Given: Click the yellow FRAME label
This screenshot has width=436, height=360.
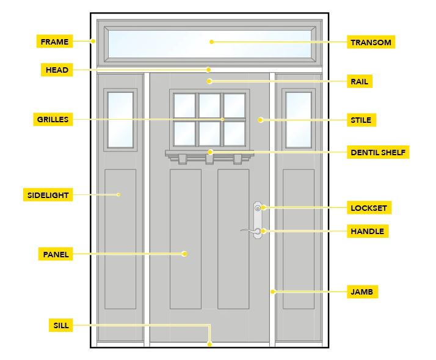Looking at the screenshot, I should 54,42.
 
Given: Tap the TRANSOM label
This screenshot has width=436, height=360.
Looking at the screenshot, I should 371,42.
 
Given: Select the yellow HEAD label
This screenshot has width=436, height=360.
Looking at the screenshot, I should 57,70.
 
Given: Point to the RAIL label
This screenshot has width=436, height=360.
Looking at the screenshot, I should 360,81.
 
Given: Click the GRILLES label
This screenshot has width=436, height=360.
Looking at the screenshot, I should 53,119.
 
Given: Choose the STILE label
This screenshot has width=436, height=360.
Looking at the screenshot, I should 360,120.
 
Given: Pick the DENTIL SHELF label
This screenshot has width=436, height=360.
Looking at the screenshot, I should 378,152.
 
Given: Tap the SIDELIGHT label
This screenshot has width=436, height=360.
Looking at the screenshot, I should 48,196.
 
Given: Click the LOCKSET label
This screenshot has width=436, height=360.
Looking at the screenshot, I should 368,208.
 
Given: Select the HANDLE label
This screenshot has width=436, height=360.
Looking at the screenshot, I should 367,231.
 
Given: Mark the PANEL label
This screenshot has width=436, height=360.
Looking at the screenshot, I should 56,254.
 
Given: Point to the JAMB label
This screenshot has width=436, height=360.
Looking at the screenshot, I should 361,292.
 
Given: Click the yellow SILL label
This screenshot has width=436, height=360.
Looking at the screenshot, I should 60,326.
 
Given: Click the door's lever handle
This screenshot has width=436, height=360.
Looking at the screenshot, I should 249,230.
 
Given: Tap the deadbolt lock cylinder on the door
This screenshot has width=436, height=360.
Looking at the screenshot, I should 258,208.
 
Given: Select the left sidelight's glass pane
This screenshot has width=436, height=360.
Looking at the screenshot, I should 120,119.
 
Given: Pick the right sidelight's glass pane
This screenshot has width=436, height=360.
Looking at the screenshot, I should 299,119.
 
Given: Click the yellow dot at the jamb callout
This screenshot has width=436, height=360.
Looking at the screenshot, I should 273,292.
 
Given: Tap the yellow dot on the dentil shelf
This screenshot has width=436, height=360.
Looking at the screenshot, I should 209,152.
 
